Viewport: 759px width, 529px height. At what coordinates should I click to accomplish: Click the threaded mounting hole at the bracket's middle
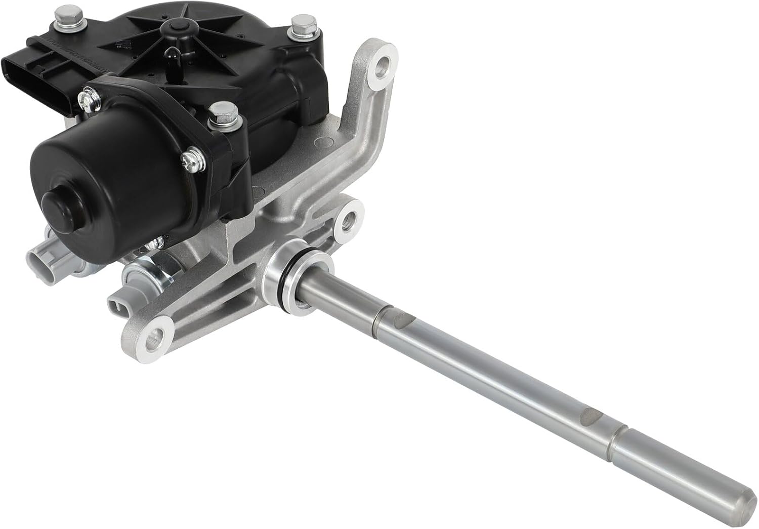pyautogui.click(x=350, y=219)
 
